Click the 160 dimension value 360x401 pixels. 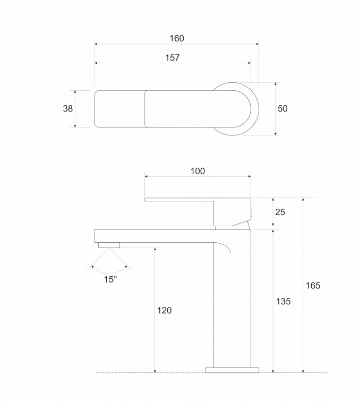tap(177, 38)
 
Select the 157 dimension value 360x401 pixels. tap(173, 57)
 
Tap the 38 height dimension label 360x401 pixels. tap(68, 108)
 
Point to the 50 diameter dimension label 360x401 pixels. tap(282, 108)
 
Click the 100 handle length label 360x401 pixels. tap(198, 171)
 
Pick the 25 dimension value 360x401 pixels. tap(280, 212)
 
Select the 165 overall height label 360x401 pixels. tap(313, 285)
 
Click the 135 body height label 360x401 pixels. tap(284, 301)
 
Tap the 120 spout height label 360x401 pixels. tap(164, 310)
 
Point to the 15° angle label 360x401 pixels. tap(110, 279)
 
